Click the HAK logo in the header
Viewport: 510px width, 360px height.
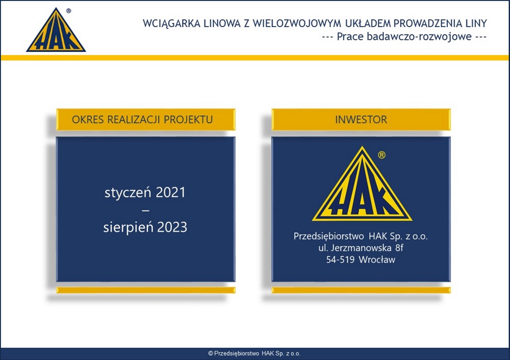56,31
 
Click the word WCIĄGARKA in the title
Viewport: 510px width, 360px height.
171,24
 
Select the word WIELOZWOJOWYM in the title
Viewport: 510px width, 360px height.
297,23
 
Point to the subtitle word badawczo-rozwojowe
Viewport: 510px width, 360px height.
419,36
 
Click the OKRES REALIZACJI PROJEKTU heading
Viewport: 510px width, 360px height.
142,120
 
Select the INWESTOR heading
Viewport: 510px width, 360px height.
361,120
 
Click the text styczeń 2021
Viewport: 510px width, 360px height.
145,193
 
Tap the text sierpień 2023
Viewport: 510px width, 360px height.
145,227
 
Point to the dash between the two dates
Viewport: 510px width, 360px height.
146,211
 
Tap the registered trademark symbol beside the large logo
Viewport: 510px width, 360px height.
382,155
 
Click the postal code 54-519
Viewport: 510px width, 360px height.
340,260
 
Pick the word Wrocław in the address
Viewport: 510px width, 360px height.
377,260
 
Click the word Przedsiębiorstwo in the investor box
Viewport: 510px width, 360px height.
328,237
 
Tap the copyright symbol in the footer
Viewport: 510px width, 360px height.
211,353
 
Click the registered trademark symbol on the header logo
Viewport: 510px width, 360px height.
68,11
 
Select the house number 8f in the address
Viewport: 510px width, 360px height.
399,248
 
